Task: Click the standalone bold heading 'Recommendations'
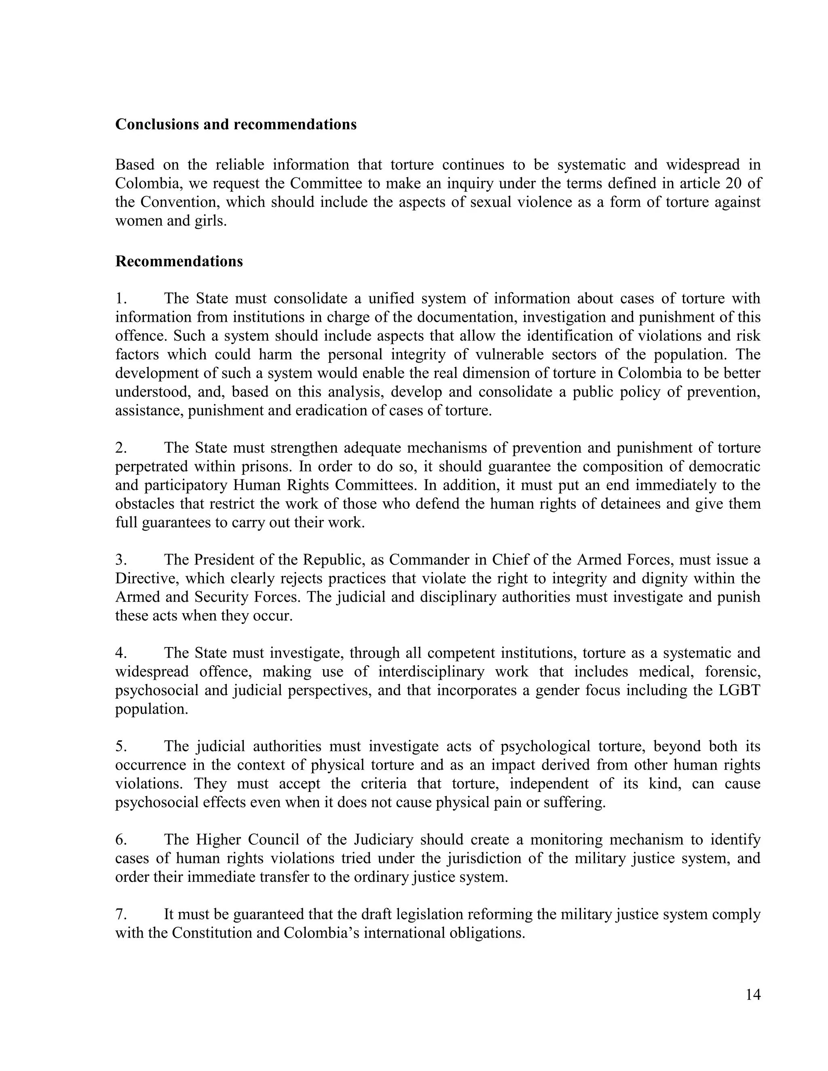point(179,261)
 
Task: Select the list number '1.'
point(121,299)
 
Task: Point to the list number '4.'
point(121,653)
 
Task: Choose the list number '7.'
point(121,915)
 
